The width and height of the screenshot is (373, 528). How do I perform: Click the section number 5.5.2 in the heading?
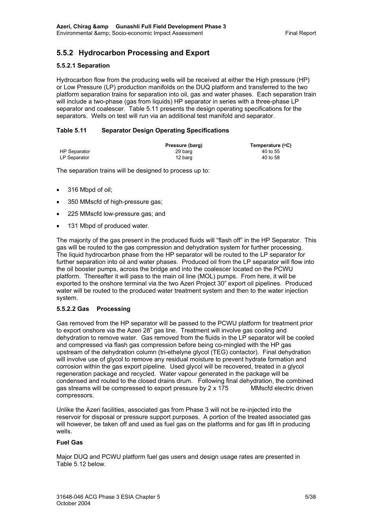[65, 53]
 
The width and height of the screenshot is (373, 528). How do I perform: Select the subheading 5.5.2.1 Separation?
[83, 66]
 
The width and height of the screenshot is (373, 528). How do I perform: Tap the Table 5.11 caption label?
[71, 130]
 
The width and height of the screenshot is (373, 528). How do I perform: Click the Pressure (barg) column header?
[184, 145]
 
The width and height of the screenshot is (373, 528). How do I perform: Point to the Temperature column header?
[271, 145]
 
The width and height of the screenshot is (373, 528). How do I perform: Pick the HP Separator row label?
[75, 152]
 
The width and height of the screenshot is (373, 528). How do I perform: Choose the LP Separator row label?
[74, 158]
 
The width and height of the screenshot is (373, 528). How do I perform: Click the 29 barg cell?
[184, 152]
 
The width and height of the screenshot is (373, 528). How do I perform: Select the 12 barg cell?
[184, 158]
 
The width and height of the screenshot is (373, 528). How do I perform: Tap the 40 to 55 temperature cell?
[271, 152]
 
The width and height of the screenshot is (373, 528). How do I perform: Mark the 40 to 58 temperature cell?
[271, 158]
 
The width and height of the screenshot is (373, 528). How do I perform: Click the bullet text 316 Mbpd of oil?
[90, 190]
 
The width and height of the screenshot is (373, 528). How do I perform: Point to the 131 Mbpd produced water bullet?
[108, 226]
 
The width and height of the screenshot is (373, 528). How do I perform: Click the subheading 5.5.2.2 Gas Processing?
[93, 309]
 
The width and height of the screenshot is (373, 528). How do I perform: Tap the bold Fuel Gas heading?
[69, 442]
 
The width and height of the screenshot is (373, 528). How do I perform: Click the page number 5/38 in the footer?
[310, 497]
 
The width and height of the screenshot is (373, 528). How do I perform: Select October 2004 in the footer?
[73, 503]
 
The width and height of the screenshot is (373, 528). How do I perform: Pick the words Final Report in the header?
[300, 33]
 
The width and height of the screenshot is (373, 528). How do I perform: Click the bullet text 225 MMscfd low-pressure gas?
[116, 214]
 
